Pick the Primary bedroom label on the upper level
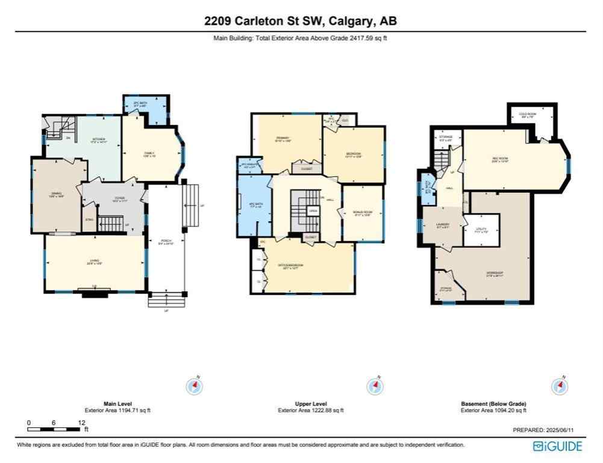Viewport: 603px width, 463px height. coord(283,140)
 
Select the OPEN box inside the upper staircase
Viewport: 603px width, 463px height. coord(313,212)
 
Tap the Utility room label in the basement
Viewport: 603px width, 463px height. coord(481,230)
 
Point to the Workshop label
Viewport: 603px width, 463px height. coord(495,273)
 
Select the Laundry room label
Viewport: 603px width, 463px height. coord(443,227)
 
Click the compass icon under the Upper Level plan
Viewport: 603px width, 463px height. coord(375,386)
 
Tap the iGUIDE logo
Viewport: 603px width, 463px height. coord(558,446)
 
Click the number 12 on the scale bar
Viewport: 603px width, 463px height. coord(81,423)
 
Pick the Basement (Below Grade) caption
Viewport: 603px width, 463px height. coord(493,403)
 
